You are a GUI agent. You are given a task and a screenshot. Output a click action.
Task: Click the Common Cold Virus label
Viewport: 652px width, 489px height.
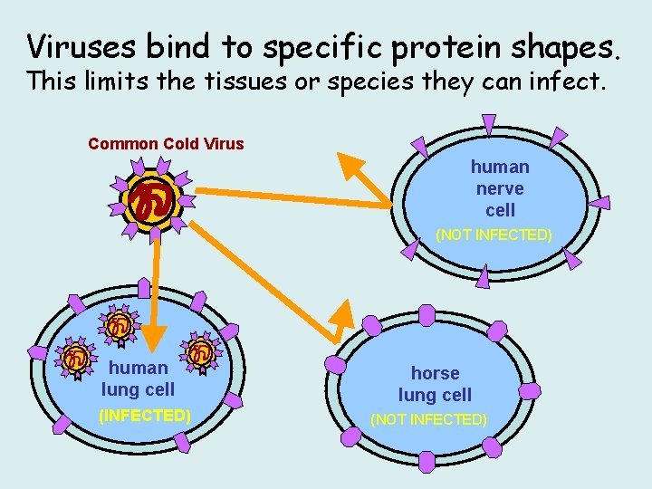coord(166,144)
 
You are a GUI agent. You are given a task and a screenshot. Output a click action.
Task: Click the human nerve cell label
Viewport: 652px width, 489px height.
coord(500,188)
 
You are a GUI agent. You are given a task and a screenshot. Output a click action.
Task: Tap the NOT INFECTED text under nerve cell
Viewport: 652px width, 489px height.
coord(494,235)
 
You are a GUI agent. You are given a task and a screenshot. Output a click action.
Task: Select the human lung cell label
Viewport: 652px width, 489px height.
coord(138,379)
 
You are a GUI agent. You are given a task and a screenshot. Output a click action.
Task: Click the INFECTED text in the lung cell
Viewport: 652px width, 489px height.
coord(144,416)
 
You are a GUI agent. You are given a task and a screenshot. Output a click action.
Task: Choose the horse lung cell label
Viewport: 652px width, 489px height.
coord(435,384)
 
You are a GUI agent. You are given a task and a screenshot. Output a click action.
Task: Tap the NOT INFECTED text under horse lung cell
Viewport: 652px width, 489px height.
coord(428,419)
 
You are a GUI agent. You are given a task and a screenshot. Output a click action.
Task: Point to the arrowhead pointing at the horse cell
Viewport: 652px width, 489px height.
coord(342,312)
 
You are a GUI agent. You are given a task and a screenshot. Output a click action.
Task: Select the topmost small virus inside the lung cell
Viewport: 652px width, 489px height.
coord(118,325)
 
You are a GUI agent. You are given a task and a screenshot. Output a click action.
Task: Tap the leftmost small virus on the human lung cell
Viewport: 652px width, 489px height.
coord(72,358)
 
